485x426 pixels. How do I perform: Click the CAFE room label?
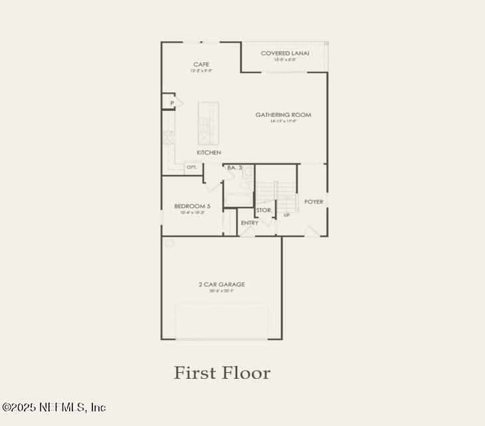click(x=201, y=64)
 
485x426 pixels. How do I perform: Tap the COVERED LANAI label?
click(x=285, y=53)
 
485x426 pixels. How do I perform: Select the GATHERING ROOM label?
click(x=283, y=115)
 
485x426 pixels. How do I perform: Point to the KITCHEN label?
click(x=209, y=153)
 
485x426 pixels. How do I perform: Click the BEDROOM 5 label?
click(x=192, y=206)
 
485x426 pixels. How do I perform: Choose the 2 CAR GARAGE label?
click(x=222, y=284)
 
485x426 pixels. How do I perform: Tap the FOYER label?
click(x=314, y=202)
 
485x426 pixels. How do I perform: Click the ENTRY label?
click(x=250, y=223)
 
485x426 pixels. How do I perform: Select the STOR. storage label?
click(x=264, y=210)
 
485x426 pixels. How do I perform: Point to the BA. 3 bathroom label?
click(x=235, y=167)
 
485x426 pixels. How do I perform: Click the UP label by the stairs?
click(x=287, y=215)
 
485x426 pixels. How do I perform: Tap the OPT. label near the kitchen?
click(x=191, y=167)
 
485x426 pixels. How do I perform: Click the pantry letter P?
click(x=171, y=103)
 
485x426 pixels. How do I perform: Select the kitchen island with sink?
click(x=208, y=123)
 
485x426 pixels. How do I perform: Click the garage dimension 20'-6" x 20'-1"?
click(x=222, y=291)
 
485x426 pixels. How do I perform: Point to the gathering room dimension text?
click(x=283, y=122)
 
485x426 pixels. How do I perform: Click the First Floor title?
click(x=222, y=373)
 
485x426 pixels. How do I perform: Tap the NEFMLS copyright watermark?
click(x=54, y=407)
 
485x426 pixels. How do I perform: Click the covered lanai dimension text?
click(x=285, y=60)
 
